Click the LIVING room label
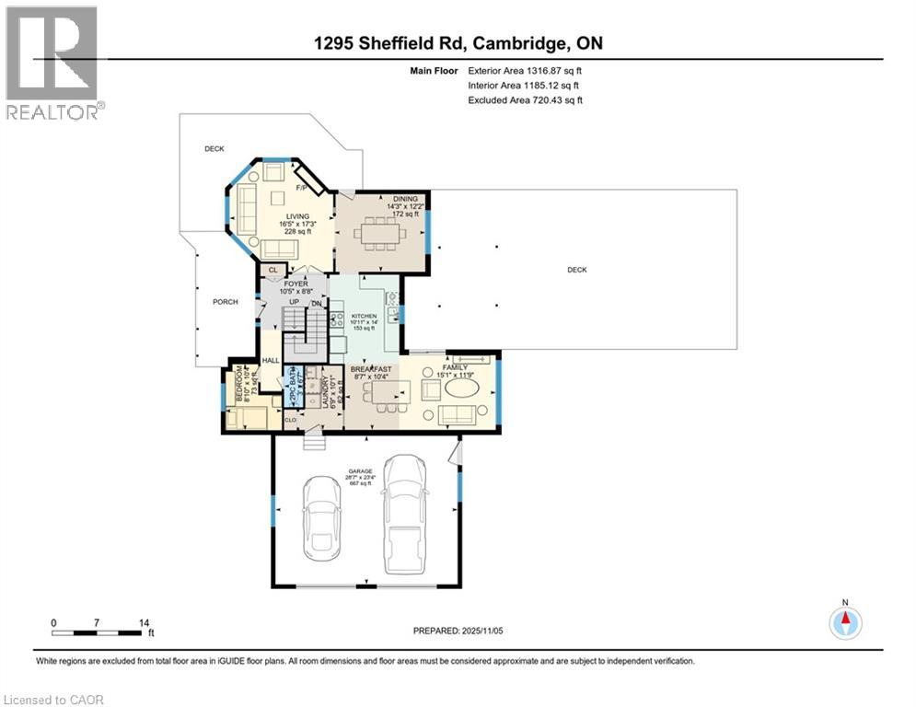[296, 216]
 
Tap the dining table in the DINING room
[379, 233]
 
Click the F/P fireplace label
[300, 189]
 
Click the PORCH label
[225, 302]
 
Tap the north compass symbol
[844, 623]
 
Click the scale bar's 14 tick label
[143, 623]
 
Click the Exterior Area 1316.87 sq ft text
[525, 70]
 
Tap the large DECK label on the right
[576, 270]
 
